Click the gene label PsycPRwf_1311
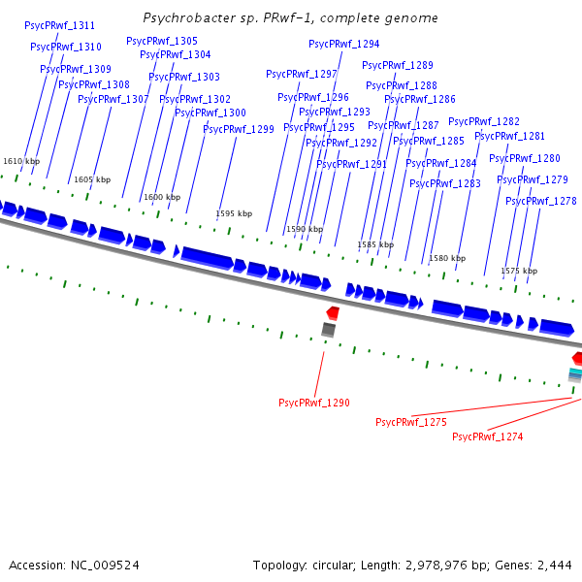point(59,24)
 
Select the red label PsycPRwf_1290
point(313,403)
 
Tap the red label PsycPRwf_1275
point(410,422)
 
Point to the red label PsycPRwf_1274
point(487,436)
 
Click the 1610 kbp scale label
point(21,161)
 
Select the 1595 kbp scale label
point(234,213)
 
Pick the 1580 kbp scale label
point(447,258)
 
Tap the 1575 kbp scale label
point(519,271)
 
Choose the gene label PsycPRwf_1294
point(343,44)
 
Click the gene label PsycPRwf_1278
point(540,201)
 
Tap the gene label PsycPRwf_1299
point(238,129)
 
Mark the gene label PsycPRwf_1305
point(161,41)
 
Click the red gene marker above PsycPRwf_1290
point(333,312)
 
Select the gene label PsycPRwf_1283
point(444,183)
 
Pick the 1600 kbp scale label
point(162,197)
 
